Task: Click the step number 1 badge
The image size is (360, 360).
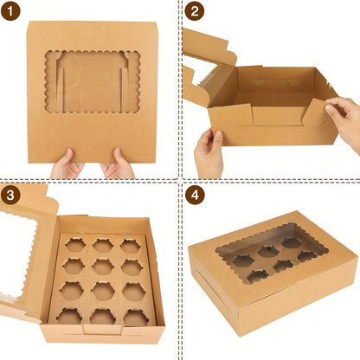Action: [x=10, y=11]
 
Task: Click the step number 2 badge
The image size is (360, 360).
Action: [x=195, y=11]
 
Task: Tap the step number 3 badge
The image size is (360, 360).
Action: [x=10, y=196]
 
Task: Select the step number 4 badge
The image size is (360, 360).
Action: [x=195, y=196]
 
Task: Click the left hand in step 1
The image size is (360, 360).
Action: [x=67, y=164]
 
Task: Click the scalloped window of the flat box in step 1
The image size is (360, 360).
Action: [x=93, y=81]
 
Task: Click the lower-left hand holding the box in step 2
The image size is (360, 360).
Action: [x=209, y=153]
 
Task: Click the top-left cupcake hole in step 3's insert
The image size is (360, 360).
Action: [x=75, y=245]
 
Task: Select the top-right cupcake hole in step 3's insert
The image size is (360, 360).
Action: [x=131, y=246]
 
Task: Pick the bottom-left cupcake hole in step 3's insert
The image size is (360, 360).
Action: [x=69, y=316]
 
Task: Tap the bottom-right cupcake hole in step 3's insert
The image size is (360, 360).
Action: [x=137, y=318]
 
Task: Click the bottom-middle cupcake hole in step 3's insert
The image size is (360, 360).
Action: [x=103, y=317]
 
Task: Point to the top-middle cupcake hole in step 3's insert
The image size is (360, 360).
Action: [x=103, y=246]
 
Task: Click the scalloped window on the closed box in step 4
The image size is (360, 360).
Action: [x=271, y=254]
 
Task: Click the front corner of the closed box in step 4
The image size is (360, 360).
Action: [x=240, y=336]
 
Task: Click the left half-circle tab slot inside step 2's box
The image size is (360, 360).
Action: [x=257, y=82]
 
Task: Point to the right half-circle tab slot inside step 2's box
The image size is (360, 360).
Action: [x=293, y=83]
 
